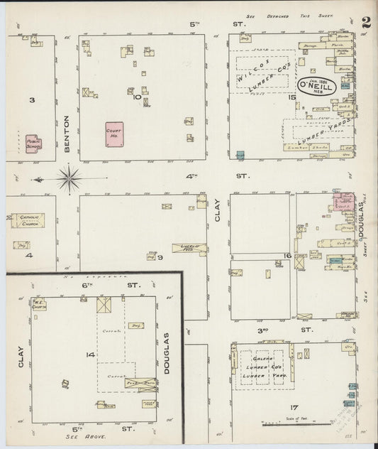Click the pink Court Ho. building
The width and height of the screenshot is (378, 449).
(114, 134)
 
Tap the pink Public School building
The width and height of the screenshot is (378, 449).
(33, 143)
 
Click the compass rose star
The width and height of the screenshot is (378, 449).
(70, 178)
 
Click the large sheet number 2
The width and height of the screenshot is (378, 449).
(365, 22)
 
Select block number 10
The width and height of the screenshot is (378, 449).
(137, 97)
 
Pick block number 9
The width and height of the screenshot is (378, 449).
(161, 257)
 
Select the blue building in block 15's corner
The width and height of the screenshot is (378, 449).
(240, 154)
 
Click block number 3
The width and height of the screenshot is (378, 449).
(31, 100)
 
